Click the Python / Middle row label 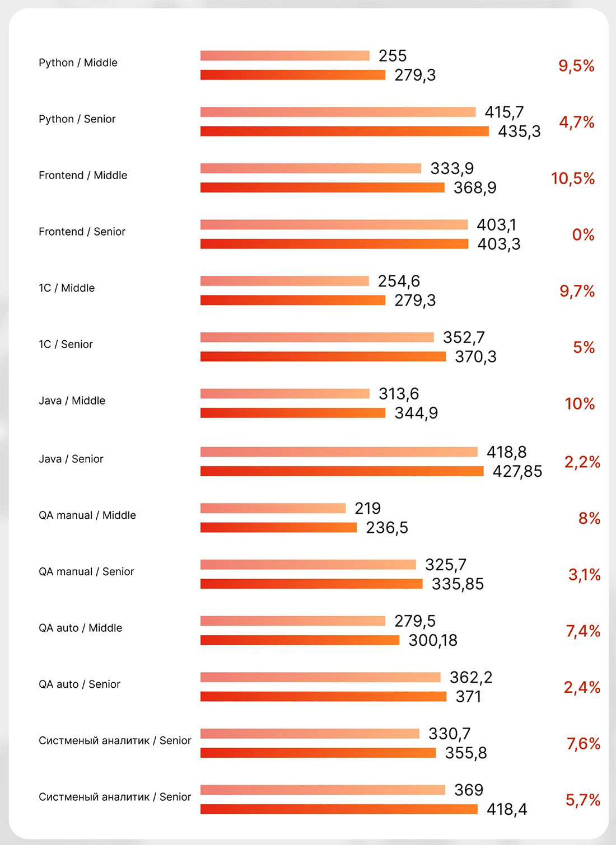78,63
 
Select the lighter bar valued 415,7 338,112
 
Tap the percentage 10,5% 572,179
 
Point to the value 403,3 498,244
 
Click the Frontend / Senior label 82,232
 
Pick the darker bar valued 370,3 323,356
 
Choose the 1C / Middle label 67,288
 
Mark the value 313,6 398,394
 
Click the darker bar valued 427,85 342,471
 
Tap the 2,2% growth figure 582,462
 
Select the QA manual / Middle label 87,515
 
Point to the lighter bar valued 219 273,508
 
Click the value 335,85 458,584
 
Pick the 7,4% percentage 582,631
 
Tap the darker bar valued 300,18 300,640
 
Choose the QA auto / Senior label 80,684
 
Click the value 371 468,697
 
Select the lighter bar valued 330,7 310,734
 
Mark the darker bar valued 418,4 339,809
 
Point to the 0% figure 583,235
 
